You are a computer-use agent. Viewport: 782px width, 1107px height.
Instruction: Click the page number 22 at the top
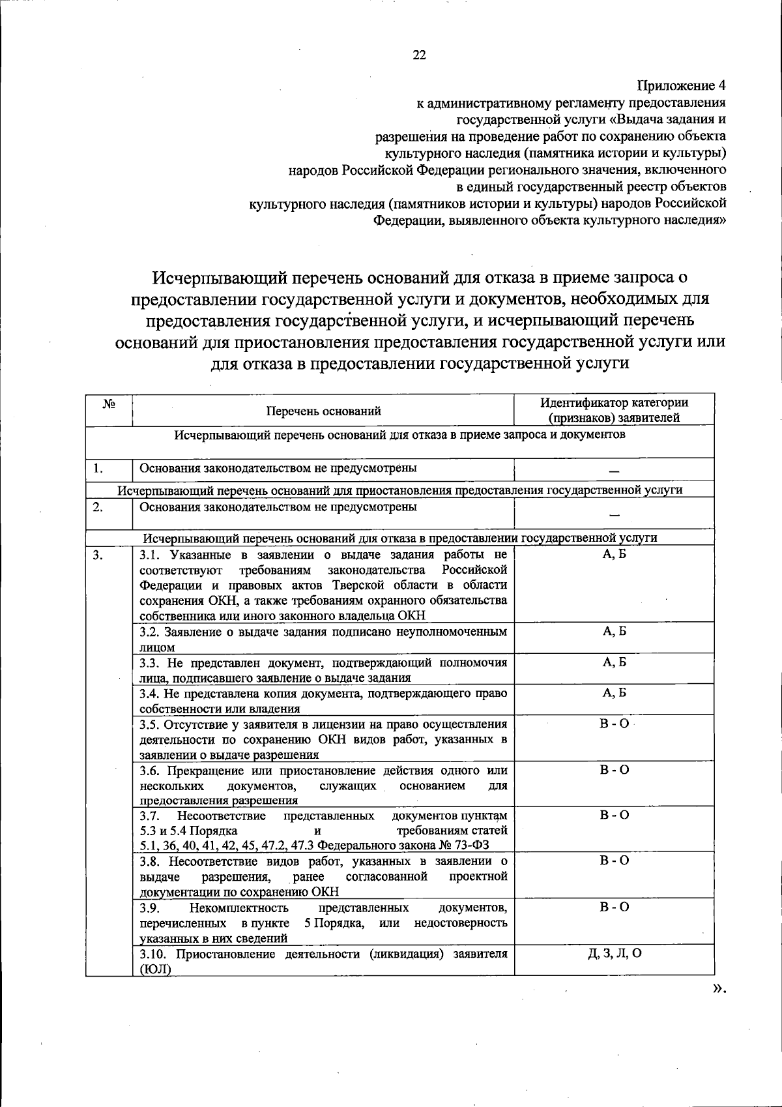click(419, 55)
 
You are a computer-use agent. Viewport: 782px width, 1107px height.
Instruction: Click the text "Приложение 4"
click(681, 85)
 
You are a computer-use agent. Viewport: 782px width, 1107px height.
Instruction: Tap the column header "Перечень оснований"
click(323, 411)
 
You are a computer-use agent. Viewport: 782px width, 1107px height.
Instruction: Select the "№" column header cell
click(109, 404)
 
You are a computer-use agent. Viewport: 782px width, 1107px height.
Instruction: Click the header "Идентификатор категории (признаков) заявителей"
click(614, 410)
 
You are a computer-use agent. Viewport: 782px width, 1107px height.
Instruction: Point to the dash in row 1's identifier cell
click(614, 472)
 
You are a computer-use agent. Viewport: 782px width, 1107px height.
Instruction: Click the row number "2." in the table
click(98, 507)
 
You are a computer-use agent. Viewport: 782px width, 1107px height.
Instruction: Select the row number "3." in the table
click(98, 555)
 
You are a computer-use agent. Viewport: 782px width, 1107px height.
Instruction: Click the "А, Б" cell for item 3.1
click(614, 555)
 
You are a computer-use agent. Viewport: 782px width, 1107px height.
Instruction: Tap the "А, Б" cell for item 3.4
click(614, 693)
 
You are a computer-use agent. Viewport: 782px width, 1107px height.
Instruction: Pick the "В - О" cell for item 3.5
click(614, 724)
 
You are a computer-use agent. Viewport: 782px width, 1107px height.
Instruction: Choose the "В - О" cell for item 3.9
click(614, 908)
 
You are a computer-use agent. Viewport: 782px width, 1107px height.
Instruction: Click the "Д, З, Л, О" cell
click(614, 953)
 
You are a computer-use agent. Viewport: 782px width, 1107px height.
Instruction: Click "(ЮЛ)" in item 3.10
click(156, 969)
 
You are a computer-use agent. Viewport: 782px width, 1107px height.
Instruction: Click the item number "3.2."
click(150, 632)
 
